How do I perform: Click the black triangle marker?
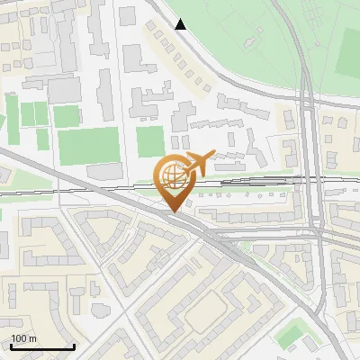pos(181,24)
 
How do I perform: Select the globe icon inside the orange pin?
pos(173,177)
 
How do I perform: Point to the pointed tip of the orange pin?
pos(173,211)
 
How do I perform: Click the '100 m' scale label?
pos(23,339)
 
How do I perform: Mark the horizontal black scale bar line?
pos(42,346)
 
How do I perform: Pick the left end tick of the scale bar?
pos(10,346)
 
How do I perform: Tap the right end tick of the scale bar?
pos(75,346)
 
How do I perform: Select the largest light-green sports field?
pos(88,145)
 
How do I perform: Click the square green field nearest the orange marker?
pos(150,140)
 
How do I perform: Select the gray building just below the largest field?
pos(103,171)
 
